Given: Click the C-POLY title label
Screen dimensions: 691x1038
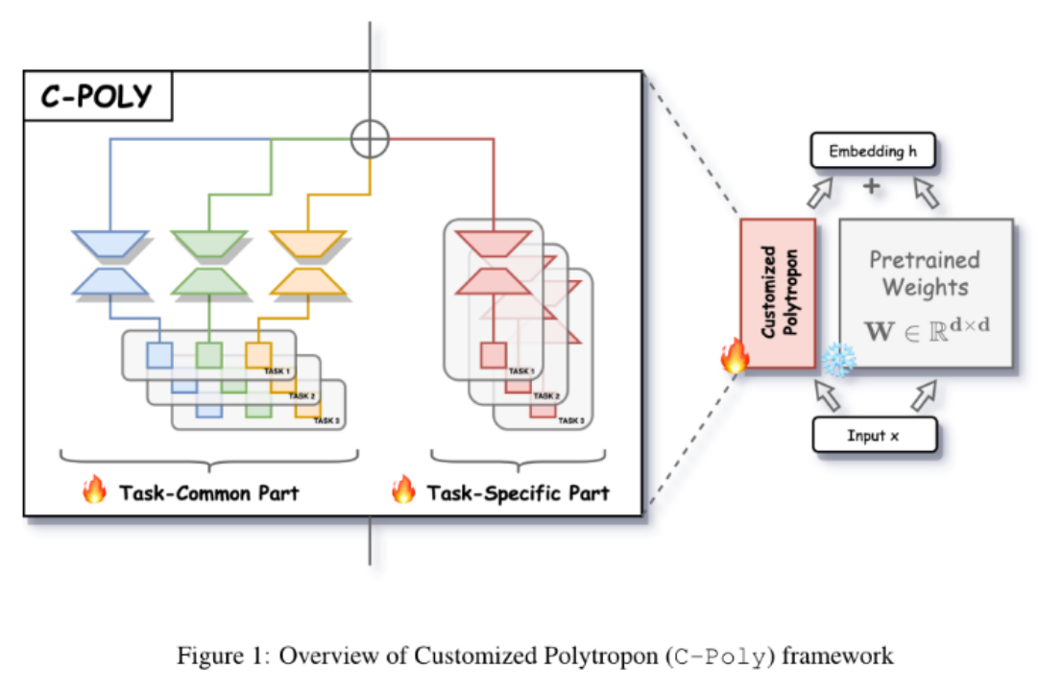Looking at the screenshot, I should coord(97,97).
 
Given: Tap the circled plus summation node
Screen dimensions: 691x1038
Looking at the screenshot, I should coord(370,139).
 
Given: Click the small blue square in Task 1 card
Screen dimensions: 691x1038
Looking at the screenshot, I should coord(158,355).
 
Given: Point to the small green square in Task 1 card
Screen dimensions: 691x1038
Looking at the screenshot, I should coord(208,355).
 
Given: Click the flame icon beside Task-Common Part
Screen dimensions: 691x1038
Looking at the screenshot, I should coord(94,492).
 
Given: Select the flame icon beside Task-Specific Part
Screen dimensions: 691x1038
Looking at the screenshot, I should coord(402,492).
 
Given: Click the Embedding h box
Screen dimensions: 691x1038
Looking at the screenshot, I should coord(872,152).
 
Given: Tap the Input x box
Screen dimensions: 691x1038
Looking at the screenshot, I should coord(874,435).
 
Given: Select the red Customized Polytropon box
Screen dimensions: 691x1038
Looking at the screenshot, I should coord(777,293).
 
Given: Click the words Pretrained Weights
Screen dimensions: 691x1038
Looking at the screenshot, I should coord(925,274).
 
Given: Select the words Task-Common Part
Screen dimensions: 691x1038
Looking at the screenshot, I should coord(209,493).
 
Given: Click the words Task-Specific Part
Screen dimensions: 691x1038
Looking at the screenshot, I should coord(519,493).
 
